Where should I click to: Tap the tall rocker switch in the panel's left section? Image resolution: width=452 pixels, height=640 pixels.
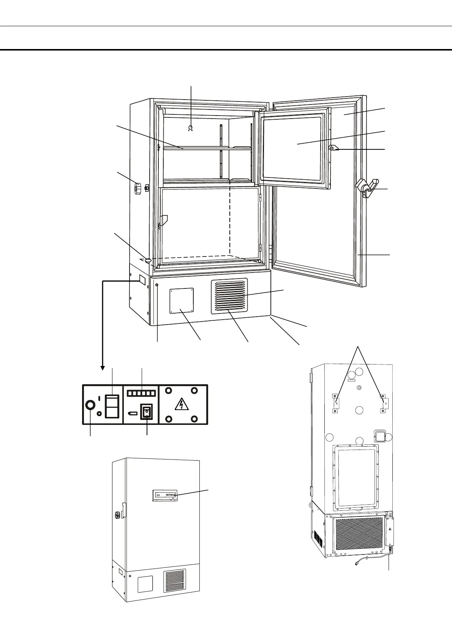pos(112,406)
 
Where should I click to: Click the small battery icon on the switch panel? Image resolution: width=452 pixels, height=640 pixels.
pos(132,413)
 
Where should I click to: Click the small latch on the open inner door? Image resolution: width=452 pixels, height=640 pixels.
pos(333,148)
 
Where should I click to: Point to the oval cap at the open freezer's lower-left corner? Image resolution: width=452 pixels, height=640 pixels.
pos(147,260)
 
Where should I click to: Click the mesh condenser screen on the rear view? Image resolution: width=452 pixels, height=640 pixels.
pos(359,533)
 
